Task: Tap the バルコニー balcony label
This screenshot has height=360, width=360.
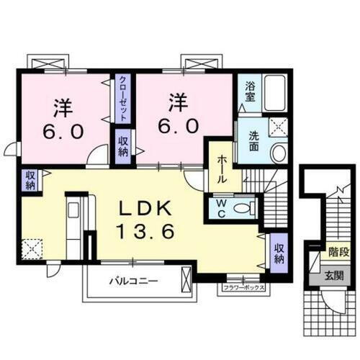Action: tap(134, 279)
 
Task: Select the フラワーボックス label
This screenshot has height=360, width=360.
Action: tap(243, 288)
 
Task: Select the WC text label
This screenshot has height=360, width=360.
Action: tap(221, 208)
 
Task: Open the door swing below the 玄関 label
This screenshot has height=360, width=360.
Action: tap(325, 302)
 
